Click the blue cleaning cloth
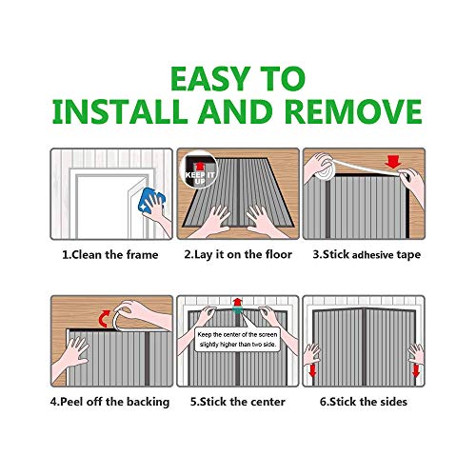(x=151, y=200)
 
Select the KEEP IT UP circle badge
(x=199, y=169)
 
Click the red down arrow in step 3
(x=393, y=163)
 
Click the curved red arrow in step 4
(x=104, y=319)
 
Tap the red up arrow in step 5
(x=237, y=302)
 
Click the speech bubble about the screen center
(x=237, y=339)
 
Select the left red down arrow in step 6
(x=313, y=370)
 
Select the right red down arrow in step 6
(x=416, y=370)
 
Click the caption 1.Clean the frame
(x=110, y=255)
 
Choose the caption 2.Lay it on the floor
(x=238, y=255)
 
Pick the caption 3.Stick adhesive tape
(x=367, y=255)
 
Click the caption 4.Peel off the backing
(x=109, y=402)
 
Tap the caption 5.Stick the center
(x=238, y=402)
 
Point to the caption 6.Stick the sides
(x=364, y=402)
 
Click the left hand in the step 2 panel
(x=212, y=221)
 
